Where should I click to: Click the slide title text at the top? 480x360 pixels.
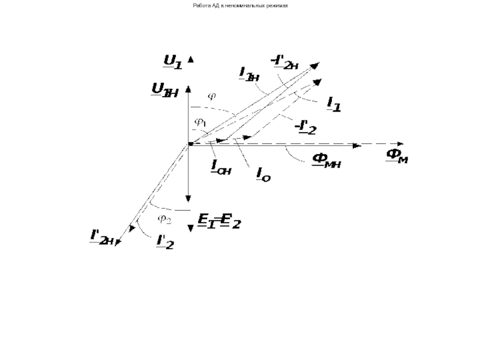tap(240, 4)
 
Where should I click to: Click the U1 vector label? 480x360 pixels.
tap(172, 61)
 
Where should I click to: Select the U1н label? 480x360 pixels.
tap(164, 90)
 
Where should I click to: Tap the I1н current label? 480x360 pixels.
tap(248, 74)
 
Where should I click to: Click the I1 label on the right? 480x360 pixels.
tap(334, 104)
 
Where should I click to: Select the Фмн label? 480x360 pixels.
tap(326, 160)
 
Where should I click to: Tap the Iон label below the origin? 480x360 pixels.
tap(221, 167)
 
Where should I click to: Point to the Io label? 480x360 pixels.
tap(263, 174)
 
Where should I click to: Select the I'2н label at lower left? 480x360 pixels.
tap(103, 238)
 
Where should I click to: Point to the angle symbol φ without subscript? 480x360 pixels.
tap(211, 95)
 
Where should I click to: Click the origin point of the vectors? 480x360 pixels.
tap(190, 144)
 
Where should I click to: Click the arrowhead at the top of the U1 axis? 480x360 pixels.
tap(190, 59)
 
